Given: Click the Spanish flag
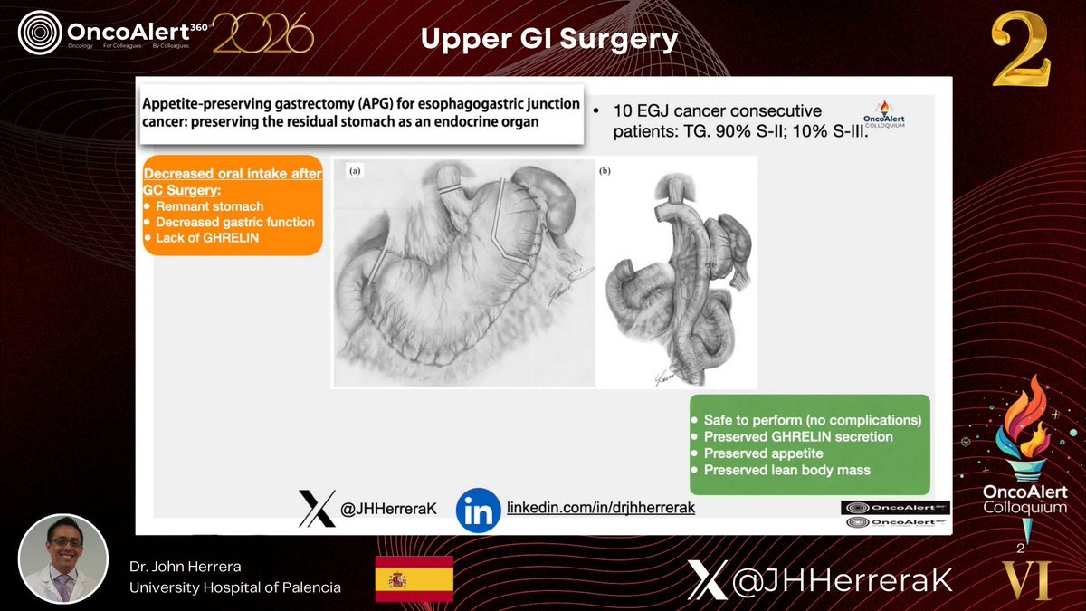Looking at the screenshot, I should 414,579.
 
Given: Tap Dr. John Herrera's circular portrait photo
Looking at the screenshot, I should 63,558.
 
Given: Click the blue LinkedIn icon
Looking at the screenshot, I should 478,509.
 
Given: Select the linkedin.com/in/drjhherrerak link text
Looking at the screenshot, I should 600,508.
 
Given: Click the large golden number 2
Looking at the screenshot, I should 1021,51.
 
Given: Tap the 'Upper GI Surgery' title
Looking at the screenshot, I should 548,39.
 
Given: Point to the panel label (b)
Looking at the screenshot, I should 605,170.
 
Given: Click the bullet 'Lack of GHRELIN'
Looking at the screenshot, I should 207,237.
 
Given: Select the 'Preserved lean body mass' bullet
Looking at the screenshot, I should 786,470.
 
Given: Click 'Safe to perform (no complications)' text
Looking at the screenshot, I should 812,421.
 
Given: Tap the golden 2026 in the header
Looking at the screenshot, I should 262,34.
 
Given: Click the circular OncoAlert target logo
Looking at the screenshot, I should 39,33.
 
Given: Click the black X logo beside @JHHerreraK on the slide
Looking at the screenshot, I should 317,509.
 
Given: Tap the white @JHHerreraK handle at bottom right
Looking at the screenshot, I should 841,580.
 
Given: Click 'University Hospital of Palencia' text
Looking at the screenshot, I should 235,587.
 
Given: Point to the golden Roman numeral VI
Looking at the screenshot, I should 1025,579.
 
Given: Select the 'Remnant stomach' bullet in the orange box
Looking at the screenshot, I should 209,207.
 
